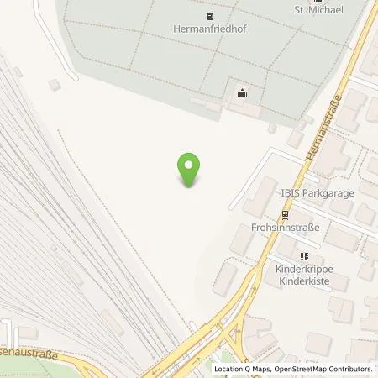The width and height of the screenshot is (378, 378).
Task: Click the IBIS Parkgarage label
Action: pos(318,193)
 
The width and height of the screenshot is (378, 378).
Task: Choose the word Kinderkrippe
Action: pos(304,270)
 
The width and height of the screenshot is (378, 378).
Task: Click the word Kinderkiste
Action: pos(304,282)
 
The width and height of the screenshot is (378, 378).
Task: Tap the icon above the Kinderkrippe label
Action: pos(304,256)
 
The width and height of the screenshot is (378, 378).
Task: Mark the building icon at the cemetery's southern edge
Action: pos(243,92)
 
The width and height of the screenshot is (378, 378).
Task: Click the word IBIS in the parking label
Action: pos(291,193)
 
